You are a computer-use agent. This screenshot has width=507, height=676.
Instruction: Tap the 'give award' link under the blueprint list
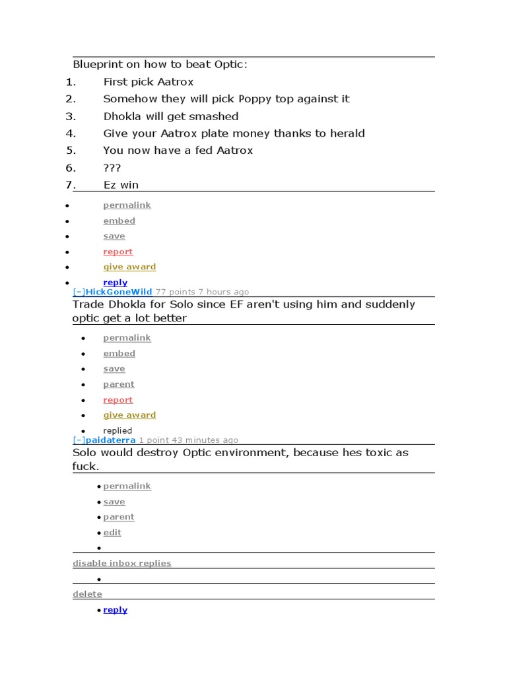[129, 267]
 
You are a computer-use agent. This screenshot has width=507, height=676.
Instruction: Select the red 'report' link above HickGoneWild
[118, 252]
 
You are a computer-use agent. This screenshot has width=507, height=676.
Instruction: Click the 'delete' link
[87, 594]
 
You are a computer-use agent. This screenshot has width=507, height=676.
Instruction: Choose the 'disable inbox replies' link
[121, 563]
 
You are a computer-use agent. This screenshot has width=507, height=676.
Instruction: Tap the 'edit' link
[112, 532]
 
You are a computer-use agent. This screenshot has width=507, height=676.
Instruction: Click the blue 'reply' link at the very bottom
[115, 610]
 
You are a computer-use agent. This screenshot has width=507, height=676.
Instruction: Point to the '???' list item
[112, 168]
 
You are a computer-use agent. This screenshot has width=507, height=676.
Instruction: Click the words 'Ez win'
[121, 185]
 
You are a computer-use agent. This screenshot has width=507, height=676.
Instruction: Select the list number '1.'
[71, 82]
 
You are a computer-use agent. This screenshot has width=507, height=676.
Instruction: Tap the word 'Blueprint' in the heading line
[98, 65]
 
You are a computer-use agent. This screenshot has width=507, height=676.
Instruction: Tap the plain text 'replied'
[118, 430]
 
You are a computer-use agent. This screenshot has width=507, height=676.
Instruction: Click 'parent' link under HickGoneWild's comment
[118, 384]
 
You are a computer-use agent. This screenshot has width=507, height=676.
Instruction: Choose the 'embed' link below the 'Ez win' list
[119, 220]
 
